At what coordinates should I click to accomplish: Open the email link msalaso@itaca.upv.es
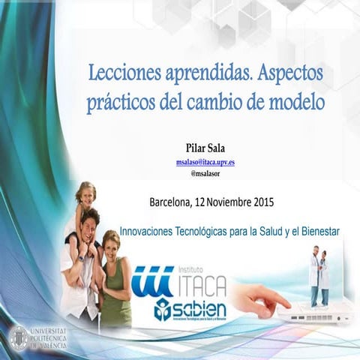(205, 161)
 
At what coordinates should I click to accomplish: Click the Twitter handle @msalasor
(205, 173)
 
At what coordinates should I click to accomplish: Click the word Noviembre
(223, 202)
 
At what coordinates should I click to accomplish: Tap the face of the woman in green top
(112, 245)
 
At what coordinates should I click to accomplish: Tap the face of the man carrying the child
(89, 225)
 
